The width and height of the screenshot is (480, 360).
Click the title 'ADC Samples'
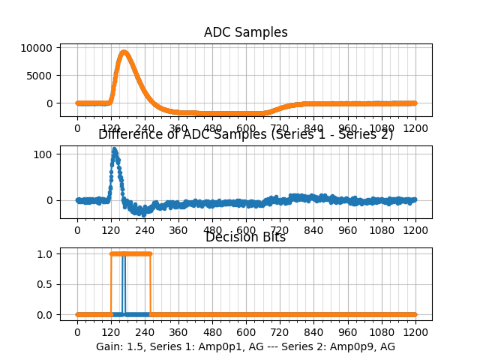pyautogui.click(x=245, y=32)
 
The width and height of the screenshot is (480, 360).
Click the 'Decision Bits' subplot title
pyautogui.click(x=245, y=238)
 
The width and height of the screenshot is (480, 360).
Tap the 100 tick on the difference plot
pyautogui.click(x=45, y=154)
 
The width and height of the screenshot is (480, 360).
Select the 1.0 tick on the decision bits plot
pyautogui.click(x=46, y=253)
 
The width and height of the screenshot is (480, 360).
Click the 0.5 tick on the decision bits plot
pyautogui.click(x=46, y=284)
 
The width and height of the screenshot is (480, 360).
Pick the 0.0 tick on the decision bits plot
pyautogui.click(x=46, y=315)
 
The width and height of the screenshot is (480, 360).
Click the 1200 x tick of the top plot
pyautogui.click(x=415, y=128)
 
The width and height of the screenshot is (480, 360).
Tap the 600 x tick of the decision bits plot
pyautogui.click(x=246, y=332)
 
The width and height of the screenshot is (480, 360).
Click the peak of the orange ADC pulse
pyautogui.click(x=124, y=52)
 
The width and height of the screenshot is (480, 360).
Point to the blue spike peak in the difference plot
pyautogui.click(x=114, y=148)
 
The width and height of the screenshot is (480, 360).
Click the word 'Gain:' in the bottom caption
pyautogui.click(x=109, y=346)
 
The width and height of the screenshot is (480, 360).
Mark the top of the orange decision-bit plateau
pyautogui.click(x=130, y=253)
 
